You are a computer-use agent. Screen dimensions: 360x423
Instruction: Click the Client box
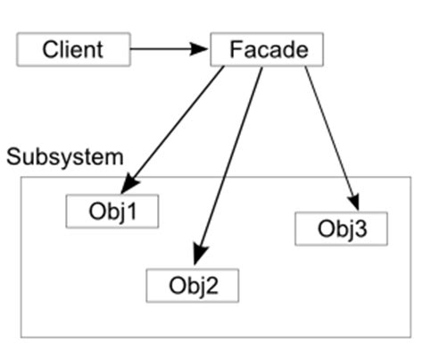coord(73,49)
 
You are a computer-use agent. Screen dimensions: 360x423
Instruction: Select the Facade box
coord(266,49)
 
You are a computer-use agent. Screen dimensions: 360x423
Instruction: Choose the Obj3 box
coord(341,229)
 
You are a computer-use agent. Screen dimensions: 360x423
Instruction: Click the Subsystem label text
coord(64,158)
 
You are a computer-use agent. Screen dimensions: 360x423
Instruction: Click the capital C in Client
coord(49,49)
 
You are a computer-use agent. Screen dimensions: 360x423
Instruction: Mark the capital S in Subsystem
coord(13,158)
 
